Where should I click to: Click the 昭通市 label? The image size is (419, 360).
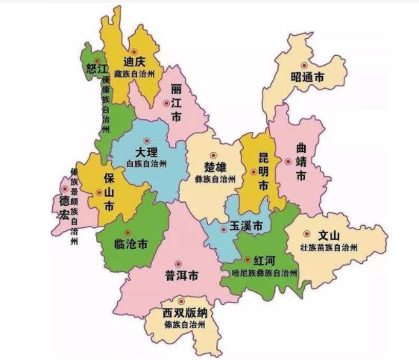tap(308, 77)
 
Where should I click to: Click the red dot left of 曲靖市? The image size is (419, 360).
tap(288, 161)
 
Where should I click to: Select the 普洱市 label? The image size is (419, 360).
tap(181, 276)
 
